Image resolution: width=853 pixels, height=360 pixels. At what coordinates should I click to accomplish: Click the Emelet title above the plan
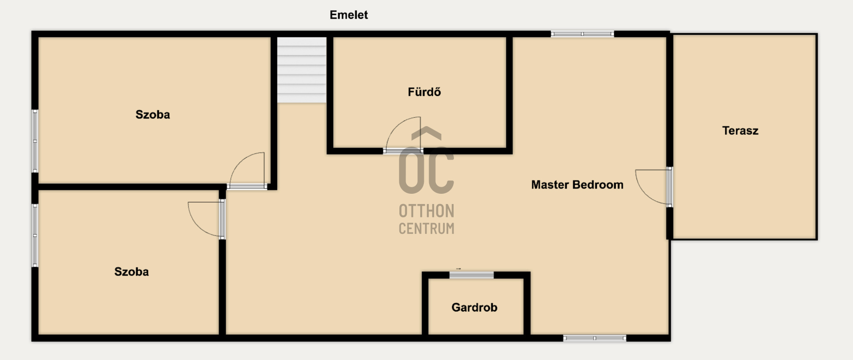[349, 15]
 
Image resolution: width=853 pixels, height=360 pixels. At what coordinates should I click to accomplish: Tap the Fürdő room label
[424, 92]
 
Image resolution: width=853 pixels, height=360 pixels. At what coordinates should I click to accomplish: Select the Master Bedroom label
[577, 185]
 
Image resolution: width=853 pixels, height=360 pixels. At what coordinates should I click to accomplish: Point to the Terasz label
[740, 131]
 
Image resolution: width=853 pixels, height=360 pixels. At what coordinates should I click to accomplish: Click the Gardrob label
[474, 308]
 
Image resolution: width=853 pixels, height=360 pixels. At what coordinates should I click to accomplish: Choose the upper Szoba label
[152, 115]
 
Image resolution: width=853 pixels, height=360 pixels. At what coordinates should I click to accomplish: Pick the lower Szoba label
[132, 272]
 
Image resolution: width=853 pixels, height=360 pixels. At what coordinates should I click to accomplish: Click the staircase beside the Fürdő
[302, 70]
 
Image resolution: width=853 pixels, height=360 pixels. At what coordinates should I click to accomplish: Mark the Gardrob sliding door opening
[471, 275]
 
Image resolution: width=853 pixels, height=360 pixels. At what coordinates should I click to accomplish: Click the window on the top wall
[582, 34]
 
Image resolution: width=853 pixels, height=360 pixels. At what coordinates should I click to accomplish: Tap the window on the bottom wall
[595, 338]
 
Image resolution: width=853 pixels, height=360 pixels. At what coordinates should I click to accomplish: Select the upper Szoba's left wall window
[35, 141]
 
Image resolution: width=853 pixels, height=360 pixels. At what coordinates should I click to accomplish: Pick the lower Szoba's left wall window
[35, 235]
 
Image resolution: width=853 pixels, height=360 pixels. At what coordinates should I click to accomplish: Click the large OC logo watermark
[426, 160]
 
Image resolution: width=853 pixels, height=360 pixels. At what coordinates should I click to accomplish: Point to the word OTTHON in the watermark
[426, 211]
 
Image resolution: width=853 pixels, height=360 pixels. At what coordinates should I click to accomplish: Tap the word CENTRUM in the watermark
[426, 228]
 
